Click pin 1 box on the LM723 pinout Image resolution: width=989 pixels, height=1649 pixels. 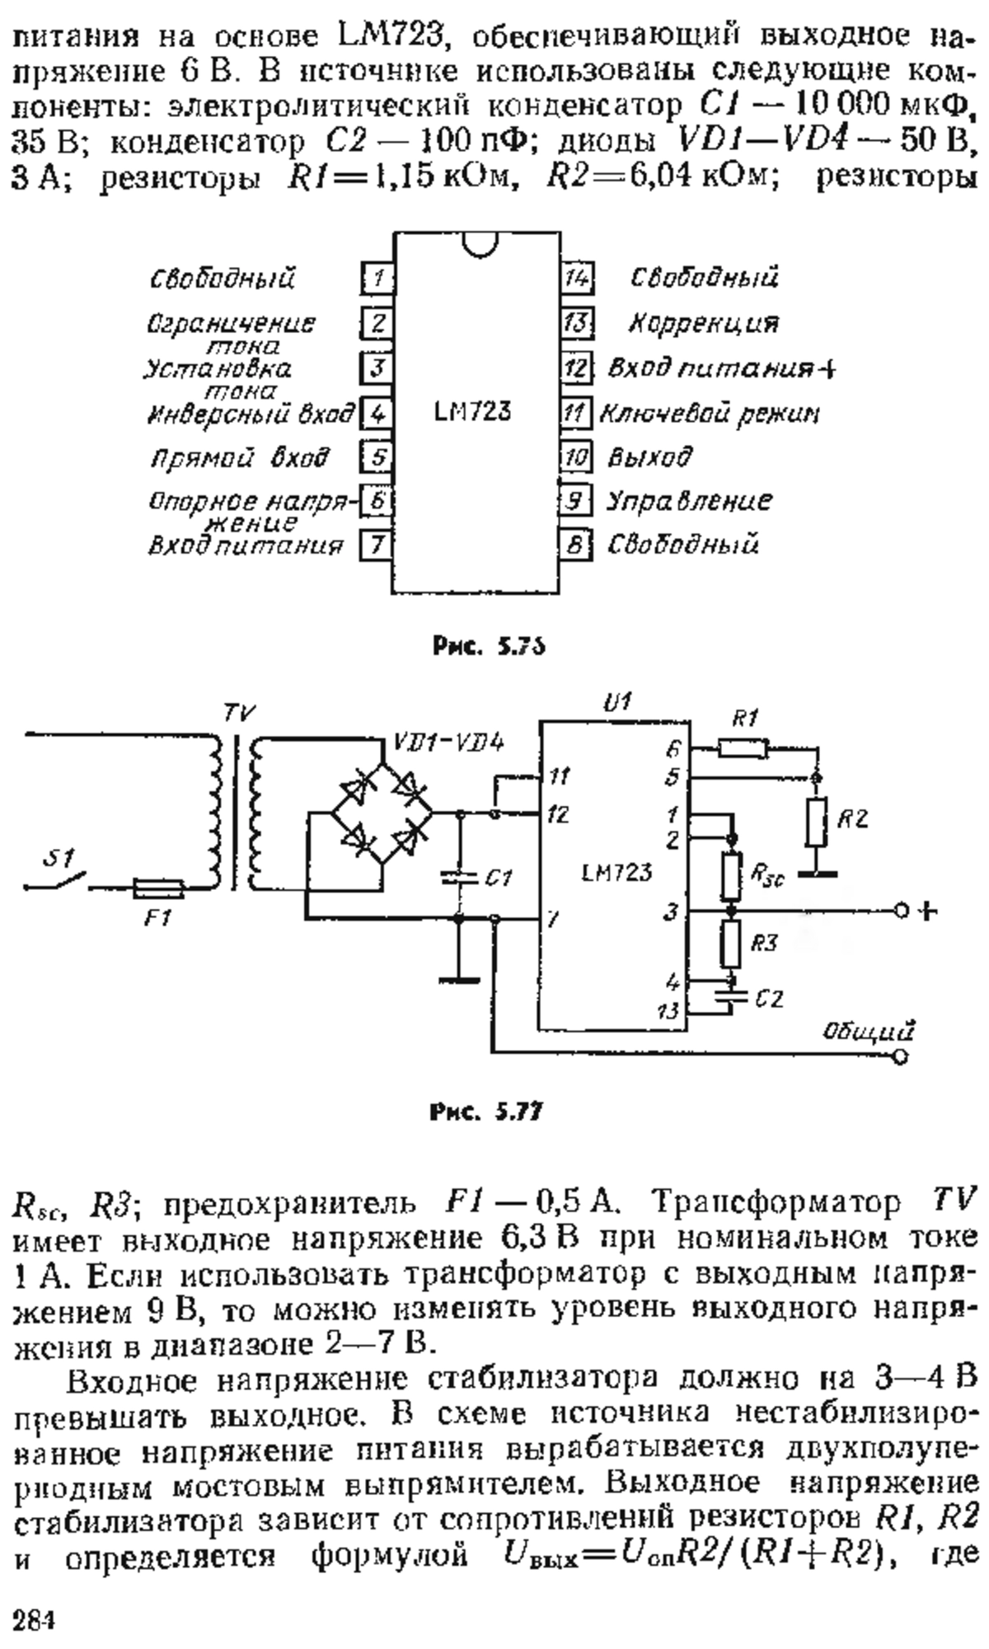pos(377,278)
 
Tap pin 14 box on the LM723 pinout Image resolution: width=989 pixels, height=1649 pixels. pos(578,279)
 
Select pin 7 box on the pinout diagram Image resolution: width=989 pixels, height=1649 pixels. pos(377,545)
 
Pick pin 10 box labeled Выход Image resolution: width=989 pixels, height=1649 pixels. pos(577,457)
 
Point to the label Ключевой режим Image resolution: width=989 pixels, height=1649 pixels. pos(709,413)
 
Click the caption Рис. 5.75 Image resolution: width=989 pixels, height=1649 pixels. pos(489,647)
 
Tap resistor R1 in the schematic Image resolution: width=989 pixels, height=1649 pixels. pos(743,749)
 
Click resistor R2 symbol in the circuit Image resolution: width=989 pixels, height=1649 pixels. pos(816,822)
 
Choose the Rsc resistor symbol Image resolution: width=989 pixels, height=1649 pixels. pos(731,876)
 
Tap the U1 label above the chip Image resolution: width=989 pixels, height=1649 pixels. pos(616,703)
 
